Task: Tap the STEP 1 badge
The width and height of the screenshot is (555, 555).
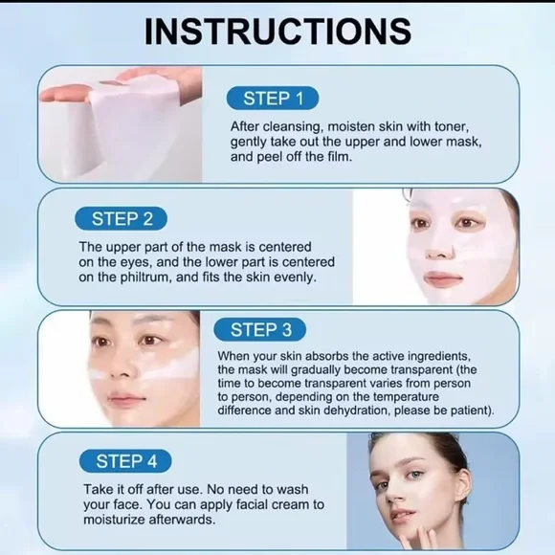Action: pyautogui.click(x=272, y=98)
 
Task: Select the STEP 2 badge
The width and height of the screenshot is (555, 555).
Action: pyautogui.click(x=122, y=218)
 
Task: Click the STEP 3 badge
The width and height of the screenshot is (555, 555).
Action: pyautogui.click(x=260, y=330)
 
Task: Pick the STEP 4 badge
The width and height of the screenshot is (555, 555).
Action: pyautogui.click(x=125, y=461)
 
